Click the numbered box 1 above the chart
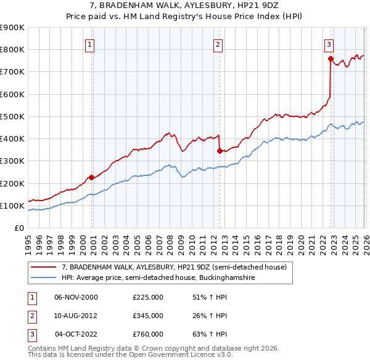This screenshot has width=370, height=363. (90, 44)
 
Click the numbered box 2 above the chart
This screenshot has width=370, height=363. (218, 44)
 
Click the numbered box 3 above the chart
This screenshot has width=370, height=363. (329, 44)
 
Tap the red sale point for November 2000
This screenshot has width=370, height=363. (91, 177)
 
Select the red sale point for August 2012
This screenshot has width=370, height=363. (219, 150)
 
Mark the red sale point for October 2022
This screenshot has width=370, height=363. (331, 58)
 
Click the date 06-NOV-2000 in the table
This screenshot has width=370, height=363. (76, 297)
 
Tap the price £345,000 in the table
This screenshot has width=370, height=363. (148, 316)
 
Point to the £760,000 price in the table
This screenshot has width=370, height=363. (148, 334)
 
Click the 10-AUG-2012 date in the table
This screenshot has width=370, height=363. (76, 316)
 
